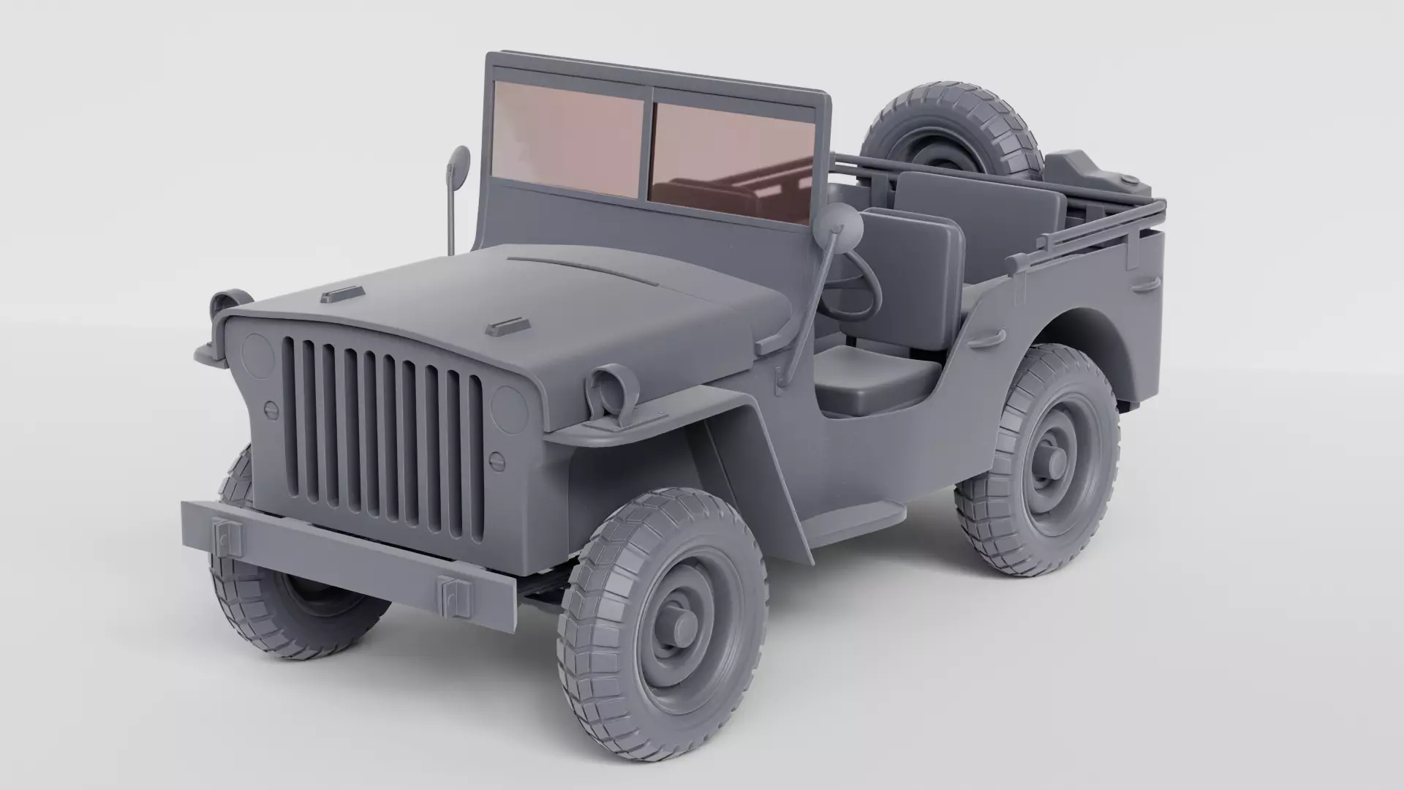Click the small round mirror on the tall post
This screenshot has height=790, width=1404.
click(460, 161)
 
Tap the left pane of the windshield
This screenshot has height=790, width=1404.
click(567, 139)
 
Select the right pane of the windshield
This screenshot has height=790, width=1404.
click(731, 157)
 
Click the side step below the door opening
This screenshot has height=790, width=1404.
click(852, 521)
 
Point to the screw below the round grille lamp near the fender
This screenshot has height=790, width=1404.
click(497, 460)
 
